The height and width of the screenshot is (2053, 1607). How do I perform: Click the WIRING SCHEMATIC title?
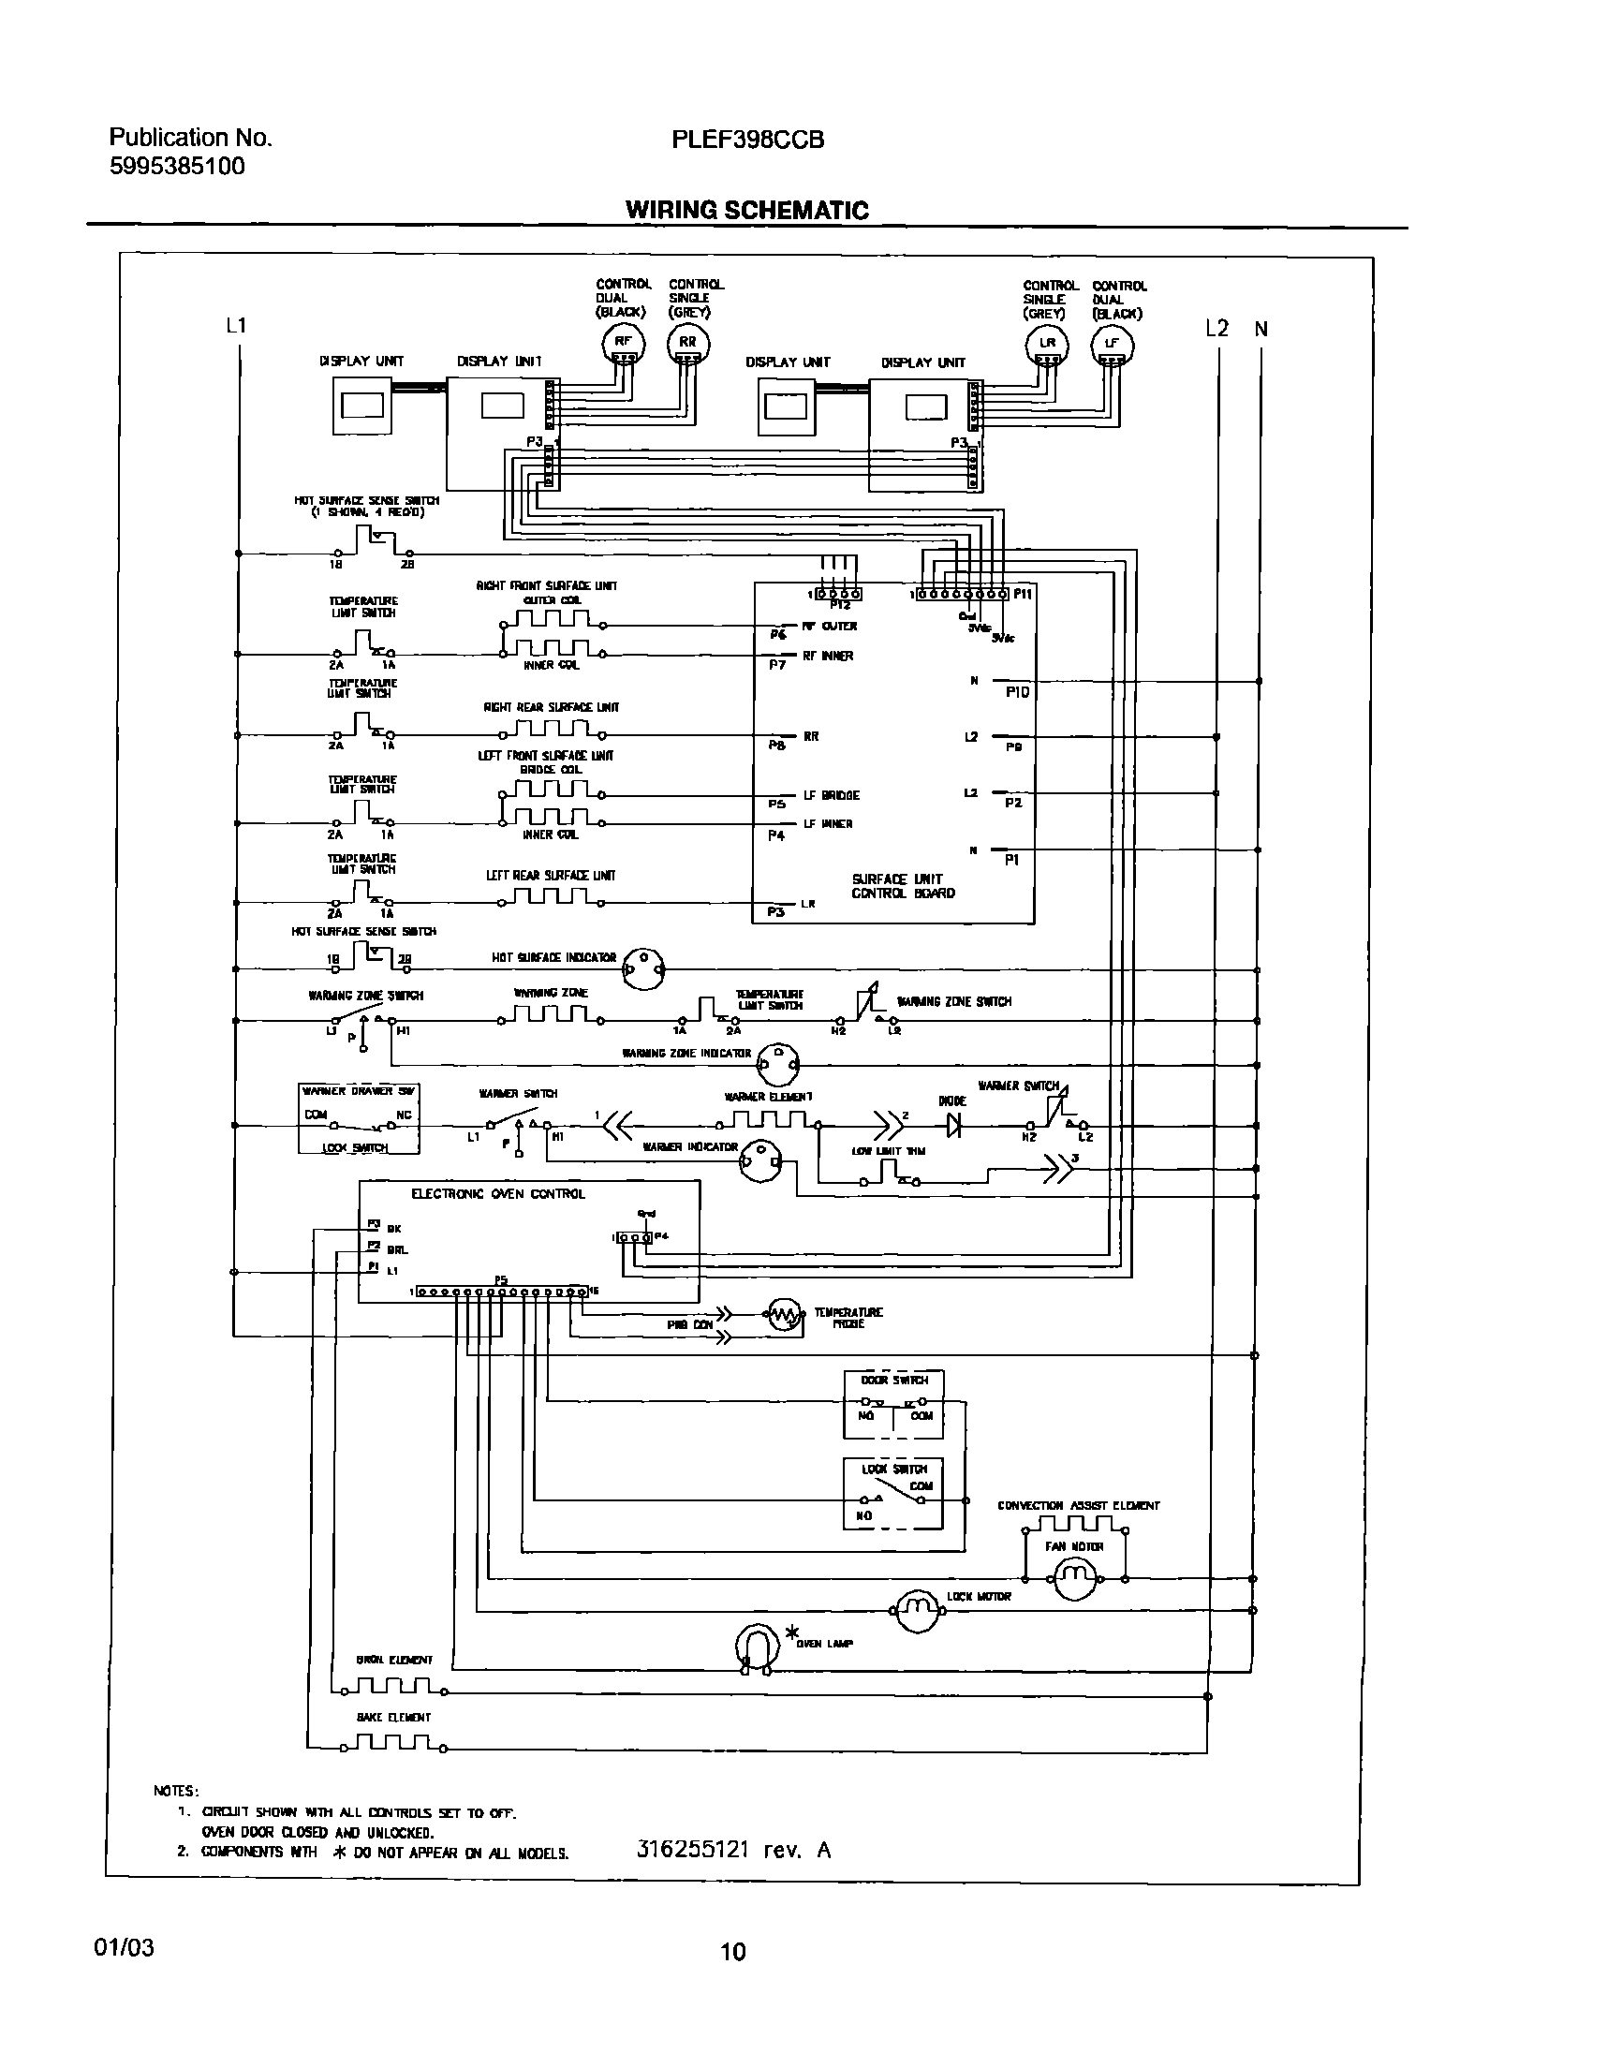(747, 210)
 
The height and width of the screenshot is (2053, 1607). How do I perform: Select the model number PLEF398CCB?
(748, 140)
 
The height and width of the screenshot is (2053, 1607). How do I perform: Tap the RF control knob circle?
(623, 345)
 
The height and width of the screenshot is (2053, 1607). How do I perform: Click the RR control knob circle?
(687, 345)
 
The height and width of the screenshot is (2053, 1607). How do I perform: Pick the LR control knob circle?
(1047, 346)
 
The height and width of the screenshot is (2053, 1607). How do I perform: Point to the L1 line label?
(236, 326)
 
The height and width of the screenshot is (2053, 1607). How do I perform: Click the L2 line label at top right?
(1216, 329)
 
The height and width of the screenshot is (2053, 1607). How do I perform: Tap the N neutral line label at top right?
(1261, 330)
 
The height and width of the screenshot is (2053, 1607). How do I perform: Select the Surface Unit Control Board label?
(902, 886)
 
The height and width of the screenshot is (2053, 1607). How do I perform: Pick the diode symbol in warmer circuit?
(954, 1124)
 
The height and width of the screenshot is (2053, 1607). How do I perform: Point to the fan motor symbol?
(1074, 1578)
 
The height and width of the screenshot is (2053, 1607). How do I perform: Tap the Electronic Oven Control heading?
(497, 1194)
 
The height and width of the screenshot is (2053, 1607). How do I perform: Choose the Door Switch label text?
(893, 1381)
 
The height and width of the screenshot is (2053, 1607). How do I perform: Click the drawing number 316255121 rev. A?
(733, 1850)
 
